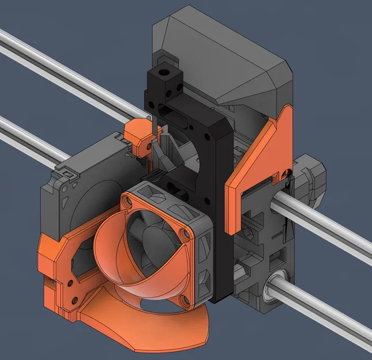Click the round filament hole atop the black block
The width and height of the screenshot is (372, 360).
167,73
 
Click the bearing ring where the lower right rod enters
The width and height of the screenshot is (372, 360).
275,288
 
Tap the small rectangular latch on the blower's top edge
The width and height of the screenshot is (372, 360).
67,173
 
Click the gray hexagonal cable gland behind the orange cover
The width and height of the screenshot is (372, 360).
309,176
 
